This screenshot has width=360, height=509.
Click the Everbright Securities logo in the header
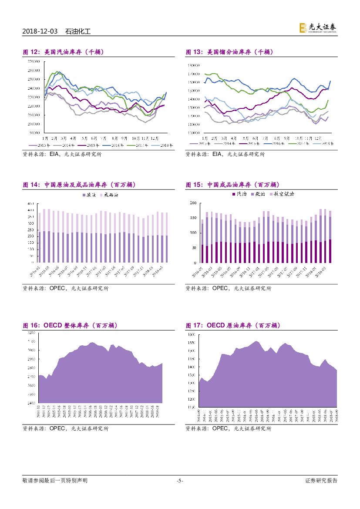coord(317,28)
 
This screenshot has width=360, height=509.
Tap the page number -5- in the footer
coord(180,481)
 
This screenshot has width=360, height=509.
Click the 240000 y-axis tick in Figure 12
coord(33,88)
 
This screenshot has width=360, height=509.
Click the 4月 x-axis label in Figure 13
coord(234,137)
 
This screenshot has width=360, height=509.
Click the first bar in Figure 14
coord(40,247)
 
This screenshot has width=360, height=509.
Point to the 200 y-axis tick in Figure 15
coord(194,203)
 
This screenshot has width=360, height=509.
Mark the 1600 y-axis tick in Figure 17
coord(192,335)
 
